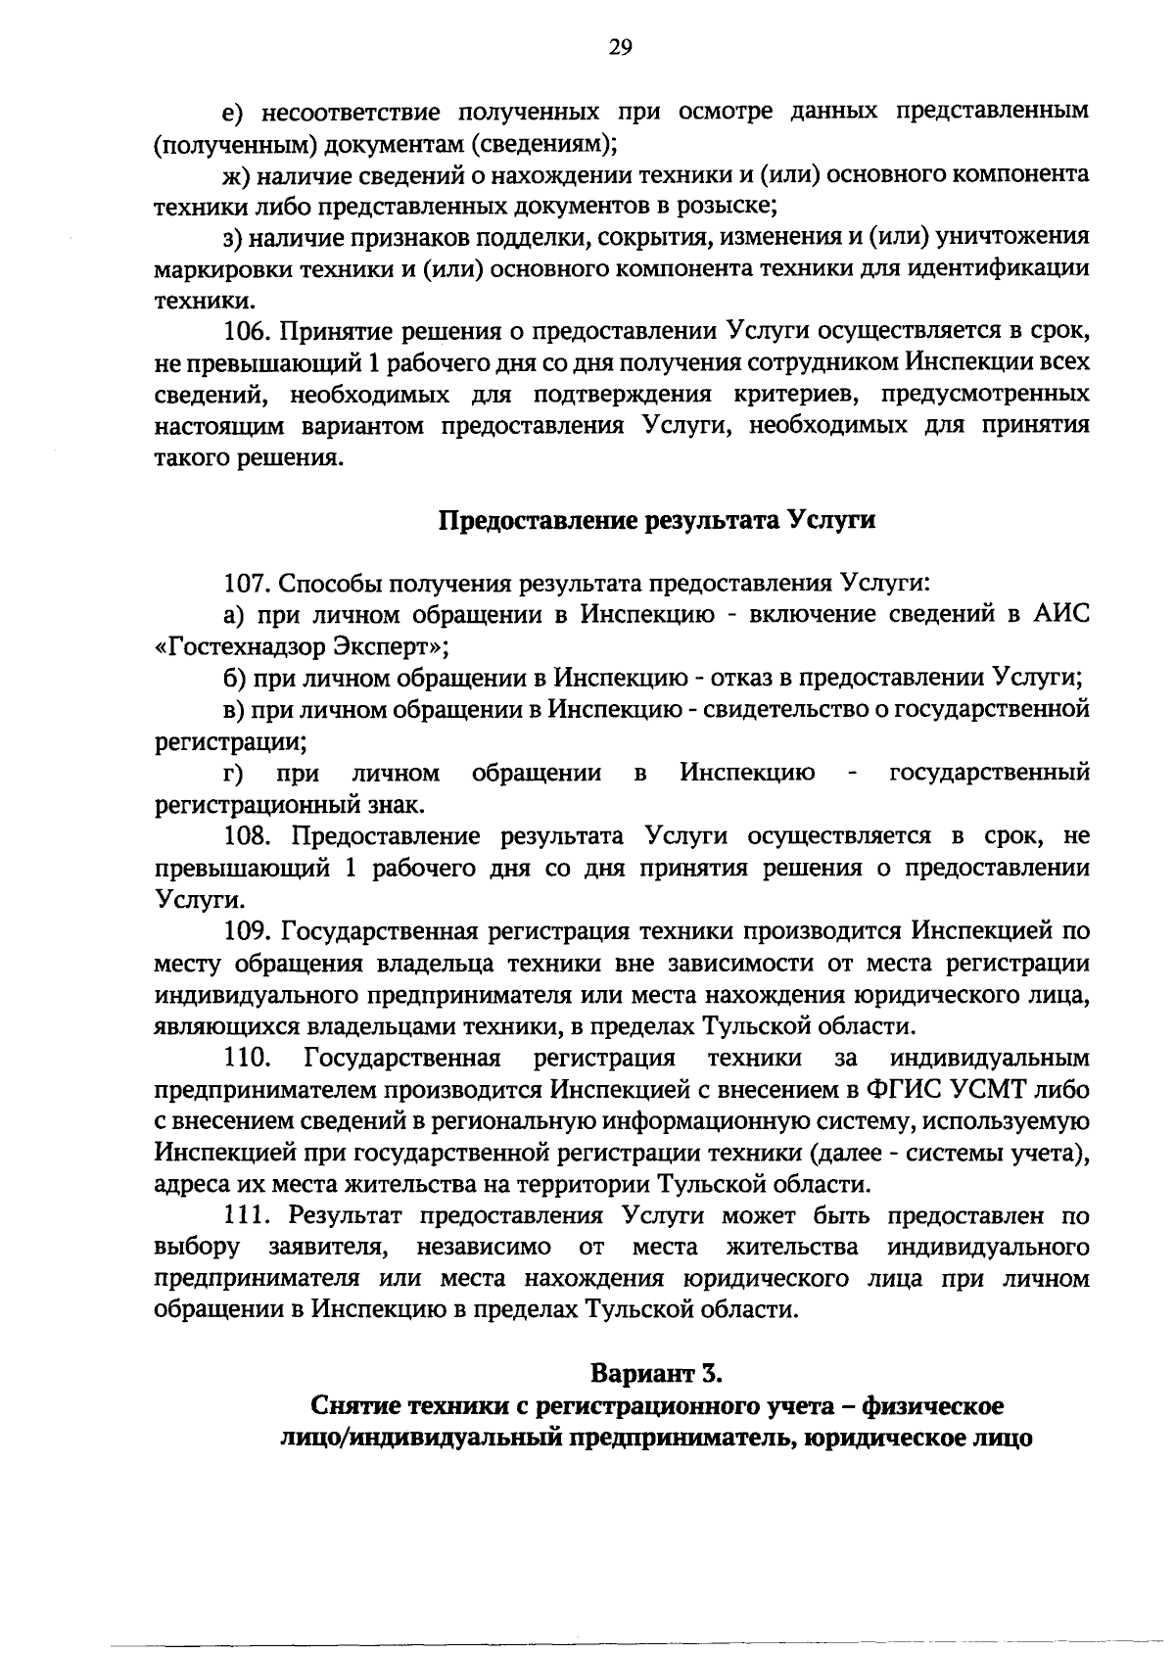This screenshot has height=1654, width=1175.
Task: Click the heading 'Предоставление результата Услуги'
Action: pyautogui.click(x=655, y=520)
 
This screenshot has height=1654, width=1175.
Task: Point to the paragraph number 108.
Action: pyautogui.click(x=250, y=837)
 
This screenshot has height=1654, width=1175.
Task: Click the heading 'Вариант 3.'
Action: pyautogui.click(x=656, y=1375)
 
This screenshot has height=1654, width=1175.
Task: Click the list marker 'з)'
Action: pyautogui.click(x=232, y=238)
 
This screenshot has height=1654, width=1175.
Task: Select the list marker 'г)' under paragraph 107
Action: pyautogui.click(x=233, y=775)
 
